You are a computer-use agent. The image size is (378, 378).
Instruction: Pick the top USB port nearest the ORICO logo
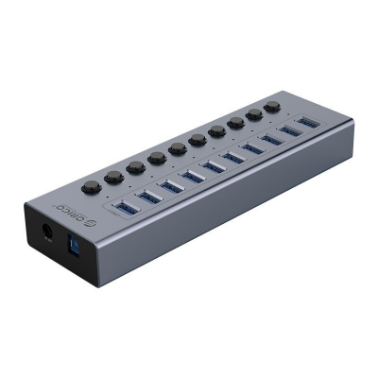pos(125,206)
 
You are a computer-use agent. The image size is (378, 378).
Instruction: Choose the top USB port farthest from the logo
pos(308,123)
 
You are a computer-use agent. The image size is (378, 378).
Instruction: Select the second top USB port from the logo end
pos(148,197)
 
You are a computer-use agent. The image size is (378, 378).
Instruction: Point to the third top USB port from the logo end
pos(170,186)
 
